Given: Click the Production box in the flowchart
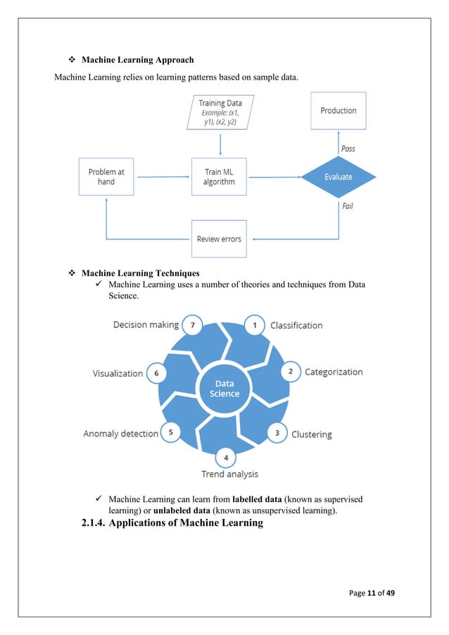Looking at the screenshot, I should [x=338, y=111].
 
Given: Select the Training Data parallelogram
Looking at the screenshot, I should [x=221, y=113].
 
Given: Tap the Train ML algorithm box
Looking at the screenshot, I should [x=221, y=177].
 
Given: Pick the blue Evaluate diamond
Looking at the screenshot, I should [x=338, y=177].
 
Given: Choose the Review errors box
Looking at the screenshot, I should [x=221, y=239].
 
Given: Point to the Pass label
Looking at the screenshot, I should [x=348, y=149].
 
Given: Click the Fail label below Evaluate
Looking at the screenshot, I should [x=347, y=206].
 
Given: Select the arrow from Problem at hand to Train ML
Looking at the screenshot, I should [x=163, y=177].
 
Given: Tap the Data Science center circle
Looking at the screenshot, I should [x=224, y=388].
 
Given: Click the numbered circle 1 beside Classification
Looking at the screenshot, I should [x=254, y=325].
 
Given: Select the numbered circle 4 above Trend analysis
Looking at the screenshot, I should [x=225, y=458].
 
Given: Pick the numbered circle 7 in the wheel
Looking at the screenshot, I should [x=192, y=325].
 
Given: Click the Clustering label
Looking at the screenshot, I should [x=311, y=434].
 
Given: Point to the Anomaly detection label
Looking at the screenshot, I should [x=120, y=434].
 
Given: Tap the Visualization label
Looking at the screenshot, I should [x=118, y=374].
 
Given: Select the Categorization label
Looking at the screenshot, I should [x=334, y=372].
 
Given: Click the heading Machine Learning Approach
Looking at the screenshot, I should [x=137, y=59].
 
